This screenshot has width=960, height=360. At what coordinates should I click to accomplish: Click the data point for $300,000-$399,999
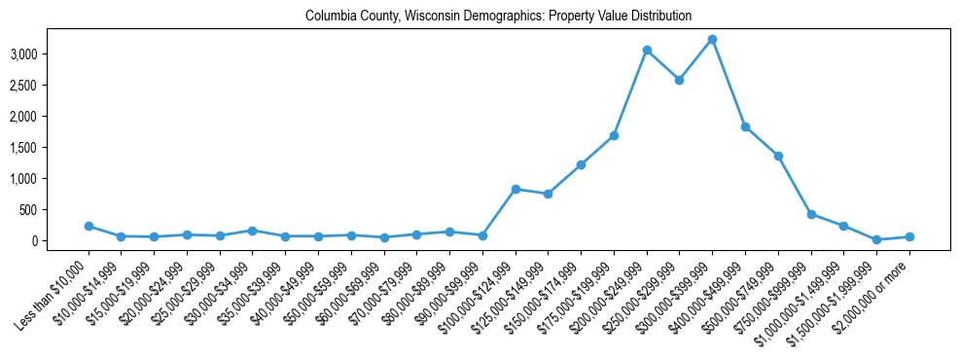pos(712,40)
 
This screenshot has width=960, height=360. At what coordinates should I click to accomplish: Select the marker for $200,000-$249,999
pos(647,50)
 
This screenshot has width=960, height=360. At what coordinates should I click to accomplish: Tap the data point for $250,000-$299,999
pos(679,80)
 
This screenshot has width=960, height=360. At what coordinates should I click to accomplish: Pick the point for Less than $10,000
pos(89,226)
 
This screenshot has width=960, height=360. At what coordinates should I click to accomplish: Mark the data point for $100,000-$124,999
pos(516,189)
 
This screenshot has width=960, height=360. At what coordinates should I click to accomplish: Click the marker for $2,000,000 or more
pos(909,236)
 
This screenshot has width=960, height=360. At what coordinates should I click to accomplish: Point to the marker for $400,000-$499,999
pos(745,126)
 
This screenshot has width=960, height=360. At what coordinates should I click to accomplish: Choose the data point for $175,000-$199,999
pos(614,135)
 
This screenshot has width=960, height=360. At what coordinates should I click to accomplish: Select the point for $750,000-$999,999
pos(810,214)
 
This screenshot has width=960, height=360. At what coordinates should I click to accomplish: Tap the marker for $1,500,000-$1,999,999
pos(876,239)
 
